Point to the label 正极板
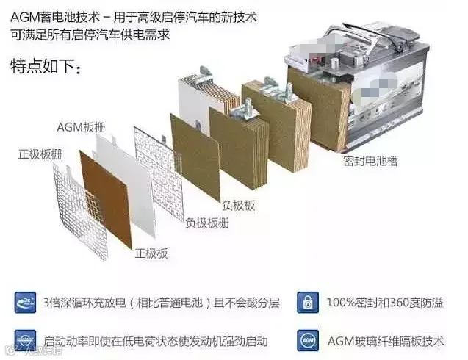point(151,253)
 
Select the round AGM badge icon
point(307,340)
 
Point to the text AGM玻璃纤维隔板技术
point(385,341)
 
